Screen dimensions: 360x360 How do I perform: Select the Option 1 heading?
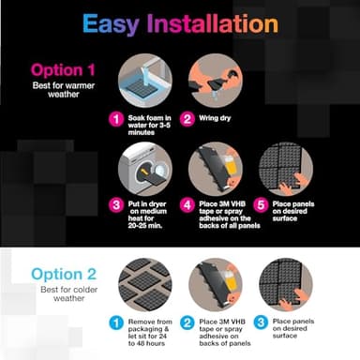tap(63, 69)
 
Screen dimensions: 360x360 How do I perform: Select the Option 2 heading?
tap(63, 274)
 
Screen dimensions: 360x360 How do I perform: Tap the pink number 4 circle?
tap(187, 203)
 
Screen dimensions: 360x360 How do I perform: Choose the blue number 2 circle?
tap(187, 322)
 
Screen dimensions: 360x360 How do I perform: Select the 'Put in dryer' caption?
tap(150, 218)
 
